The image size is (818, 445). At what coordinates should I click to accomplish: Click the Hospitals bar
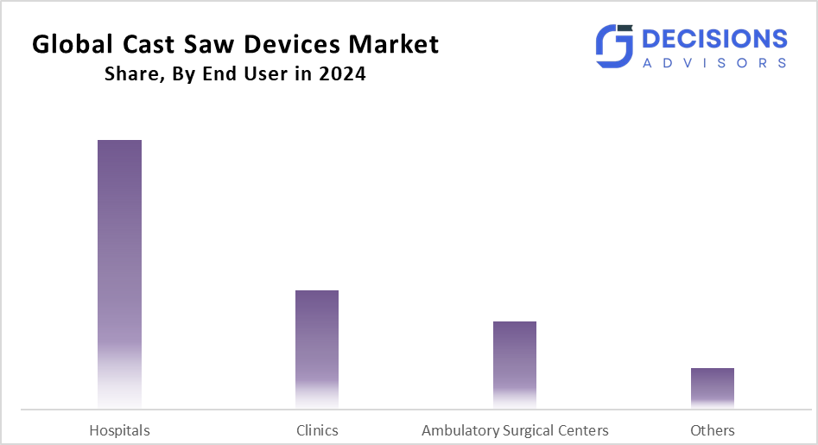click(119, 273)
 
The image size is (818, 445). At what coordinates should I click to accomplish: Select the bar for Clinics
click(317, 348)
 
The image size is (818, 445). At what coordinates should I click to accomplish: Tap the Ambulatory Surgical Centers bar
click(515, 364)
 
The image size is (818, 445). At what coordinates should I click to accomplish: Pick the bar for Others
click(713, 387)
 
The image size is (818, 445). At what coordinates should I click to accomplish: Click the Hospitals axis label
click(119, 430)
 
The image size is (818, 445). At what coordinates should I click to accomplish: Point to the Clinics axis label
click(317, 430)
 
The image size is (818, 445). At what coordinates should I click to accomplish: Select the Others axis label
click(713, 430)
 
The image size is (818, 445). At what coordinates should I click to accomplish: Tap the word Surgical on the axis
click(529, 430)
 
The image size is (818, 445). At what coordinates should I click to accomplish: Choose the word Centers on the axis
click(584, 430)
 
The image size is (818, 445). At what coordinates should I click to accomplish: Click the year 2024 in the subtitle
click(341, 74)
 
